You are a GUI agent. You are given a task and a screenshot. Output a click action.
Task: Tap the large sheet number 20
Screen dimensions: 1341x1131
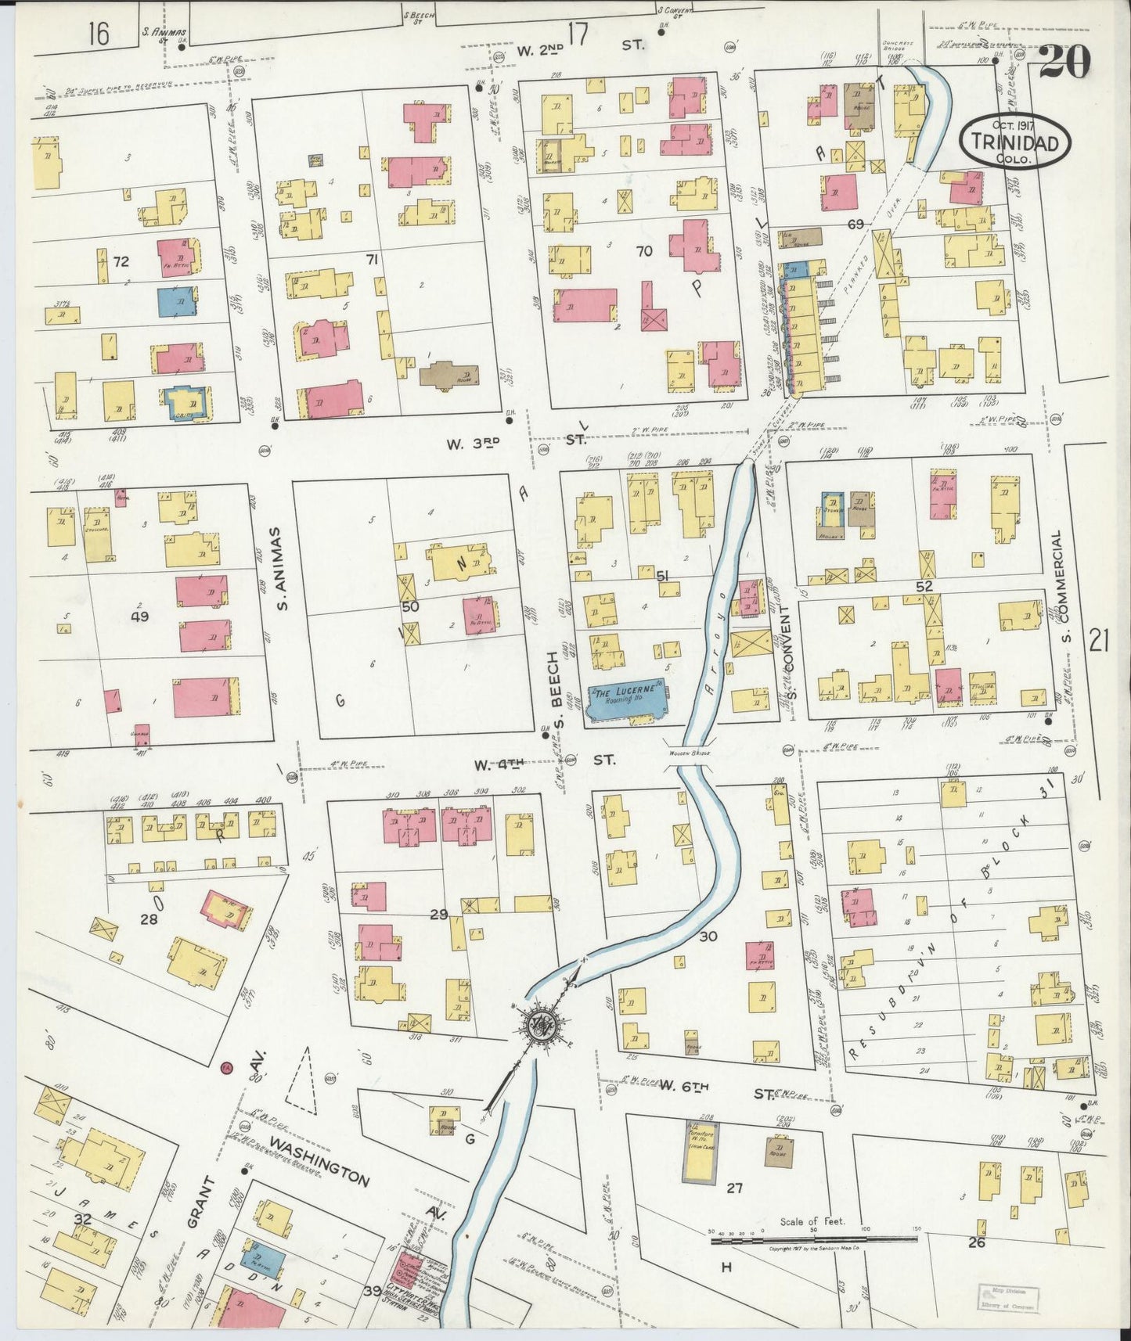[1064, 63]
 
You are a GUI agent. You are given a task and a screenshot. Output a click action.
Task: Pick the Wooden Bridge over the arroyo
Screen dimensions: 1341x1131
[690, 753]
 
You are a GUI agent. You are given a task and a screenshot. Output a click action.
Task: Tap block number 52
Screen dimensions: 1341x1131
[924, 585]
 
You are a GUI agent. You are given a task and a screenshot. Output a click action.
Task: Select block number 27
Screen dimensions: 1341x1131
[733, 1188]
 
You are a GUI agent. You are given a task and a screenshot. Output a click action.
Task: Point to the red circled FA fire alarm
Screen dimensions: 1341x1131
[226, 1067]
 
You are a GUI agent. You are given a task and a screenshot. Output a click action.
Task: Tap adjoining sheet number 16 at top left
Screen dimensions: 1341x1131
[99, 34]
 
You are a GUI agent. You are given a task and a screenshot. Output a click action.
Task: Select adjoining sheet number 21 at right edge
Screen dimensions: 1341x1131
[1099, 642]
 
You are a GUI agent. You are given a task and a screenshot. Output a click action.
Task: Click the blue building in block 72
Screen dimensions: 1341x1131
[177, 302]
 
